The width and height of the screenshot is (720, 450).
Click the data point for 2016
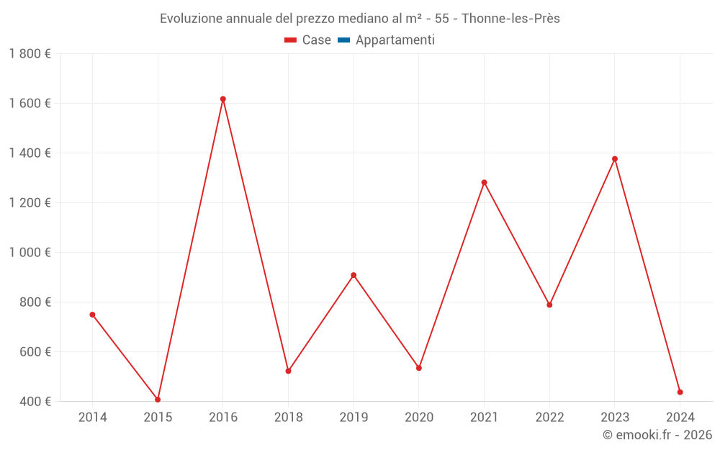tap(223, 99)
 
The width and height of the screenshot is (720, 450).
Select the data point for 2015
tap(158, 400)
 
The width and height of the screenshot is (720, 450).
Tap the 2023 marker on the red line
tap(615, 159)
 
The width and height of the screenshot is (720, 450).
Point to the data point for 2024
tap(680, 392)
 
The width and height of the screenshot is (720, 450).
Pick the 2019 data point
tap(354, 275)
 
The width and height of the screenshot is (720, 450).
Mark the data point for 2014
tap(92, 315)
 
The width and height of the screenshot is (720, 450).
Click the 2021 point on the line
tap(484, 183)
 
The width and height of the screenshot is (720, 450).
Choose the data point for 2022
tap(549, 305)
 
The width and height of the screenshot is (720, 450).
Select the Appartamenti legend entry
tap(395, 40)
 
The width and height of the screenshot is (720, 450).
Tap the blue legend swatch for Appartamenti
tap(343, 40)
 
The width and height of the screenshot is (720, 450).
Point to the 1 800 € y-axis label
tap(30, 54)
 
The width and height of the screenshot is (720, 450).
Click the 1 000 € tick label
tap(30, 253)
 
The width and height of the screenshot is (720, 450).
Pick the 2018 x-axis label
tap(288, 418)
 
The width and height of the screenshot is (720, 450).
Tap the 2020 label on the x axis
tap(419, 418)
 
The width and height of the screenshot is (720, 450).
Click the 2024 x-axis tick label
tap(680, 418)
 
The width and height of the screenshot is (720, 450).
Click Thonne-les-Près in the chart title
tap(510, 19)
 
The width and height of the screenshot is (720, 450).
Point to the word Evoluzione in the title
tap(190, 19)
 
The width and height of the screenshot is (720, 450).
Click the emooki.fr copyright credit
tap(657, 435)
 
